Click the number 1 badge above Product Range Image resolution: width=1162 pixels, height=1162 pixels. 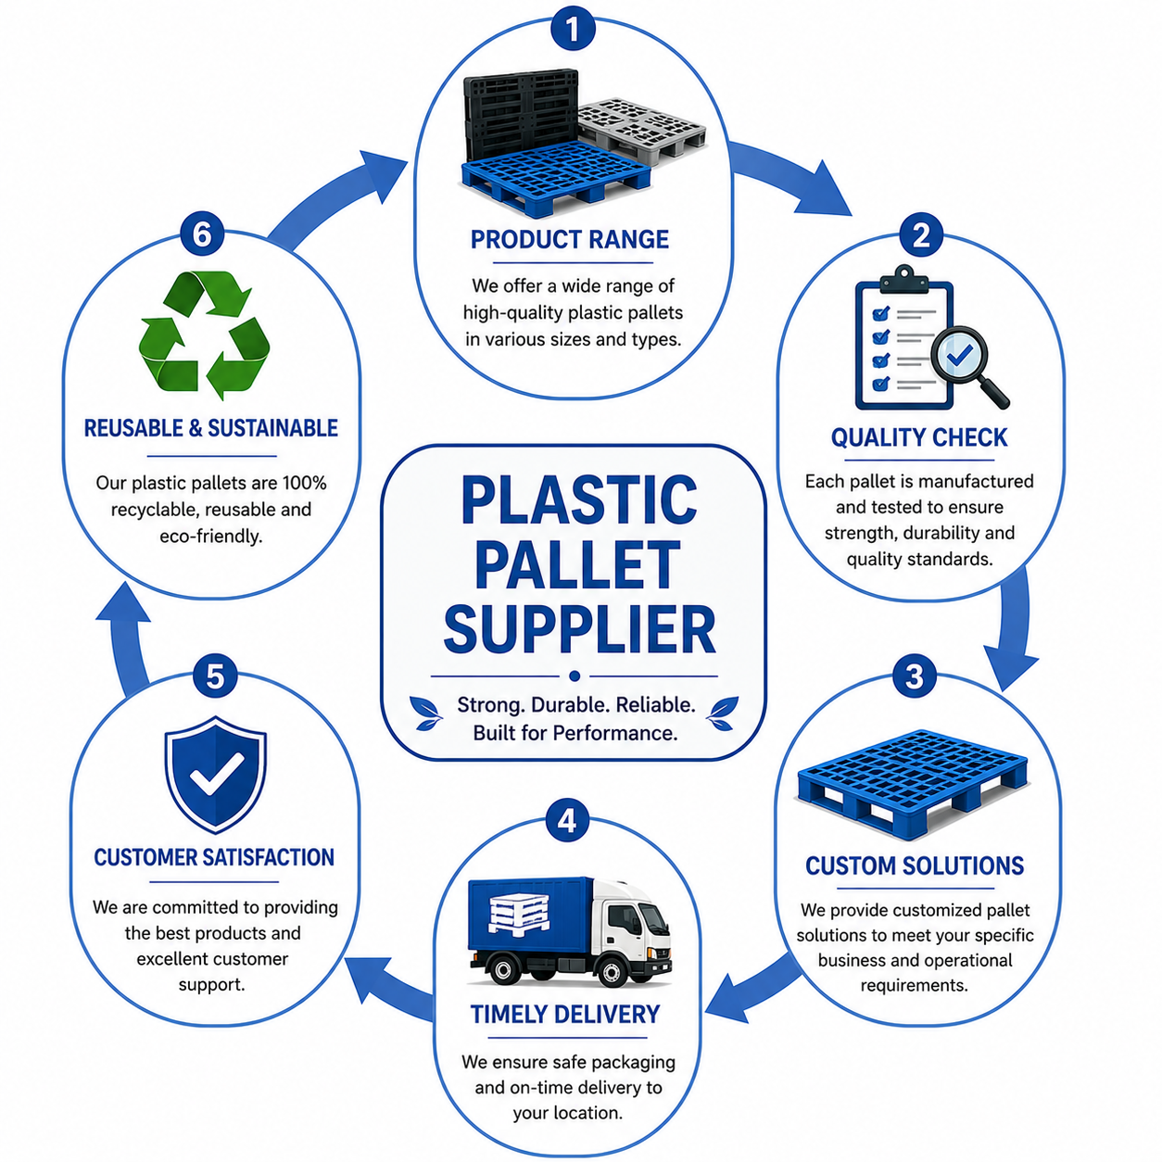point(572,29)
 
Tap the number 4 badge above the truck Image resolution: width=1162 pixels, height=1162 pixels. point(566,820)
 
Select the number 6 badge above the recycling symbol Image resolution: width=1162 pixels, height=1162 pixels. point(202,234)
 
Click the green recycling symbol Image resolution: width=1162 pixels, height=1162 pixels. point(204,335)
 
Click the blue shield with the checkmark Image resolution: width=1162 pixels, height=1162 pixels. point(215,775)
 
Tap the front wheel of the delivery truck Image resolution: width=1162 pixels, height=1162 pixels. point(611,971)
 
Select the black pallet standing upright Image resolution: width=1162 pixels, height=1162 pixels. point(519,118)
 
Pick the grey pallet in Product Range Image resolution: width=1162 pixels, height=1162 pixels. point(642,129)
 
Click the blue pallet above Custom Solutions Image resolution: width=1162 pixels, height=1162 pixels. point(913,784)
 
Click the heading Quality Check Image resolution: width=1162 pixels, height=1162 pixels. point(919,437)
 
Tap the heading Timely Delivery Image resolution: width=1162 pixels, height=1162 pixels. point(565,1015)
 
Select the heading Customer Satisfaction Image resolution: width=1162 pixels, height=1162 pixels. point(214,857)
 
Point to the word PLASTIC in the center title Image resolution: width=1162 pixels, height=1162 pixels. point(579,499)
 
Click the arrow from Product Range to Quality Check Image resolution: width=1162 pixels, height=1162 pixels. point(789,175)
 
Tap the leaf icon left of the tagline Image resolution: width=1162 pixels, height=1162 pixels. point(425,713)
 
